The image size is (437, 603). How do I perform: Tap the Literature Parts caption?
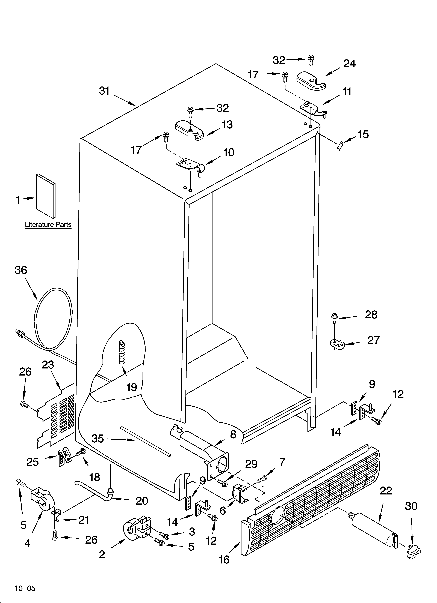pyautogui.click(x=48, y=225)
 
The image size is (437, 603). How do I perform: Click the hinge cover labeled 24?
pyautogui.click(x=311, y=79)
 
